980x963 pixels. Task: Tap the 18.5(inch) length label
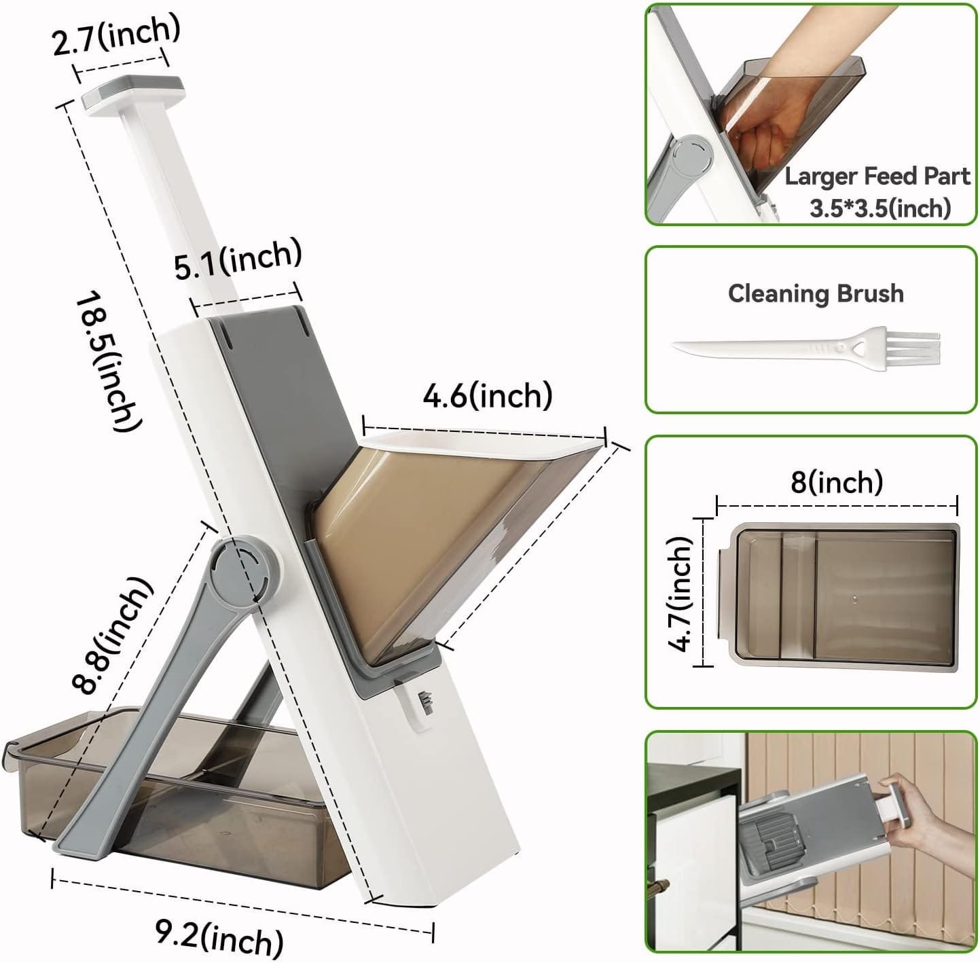[109, 360]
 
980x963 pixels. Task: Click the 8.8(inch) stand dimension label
[113, 635]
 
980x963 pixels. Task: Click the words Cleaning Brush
[816, 293]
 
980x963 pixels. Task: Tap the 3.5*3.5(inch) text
[880, 207]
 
